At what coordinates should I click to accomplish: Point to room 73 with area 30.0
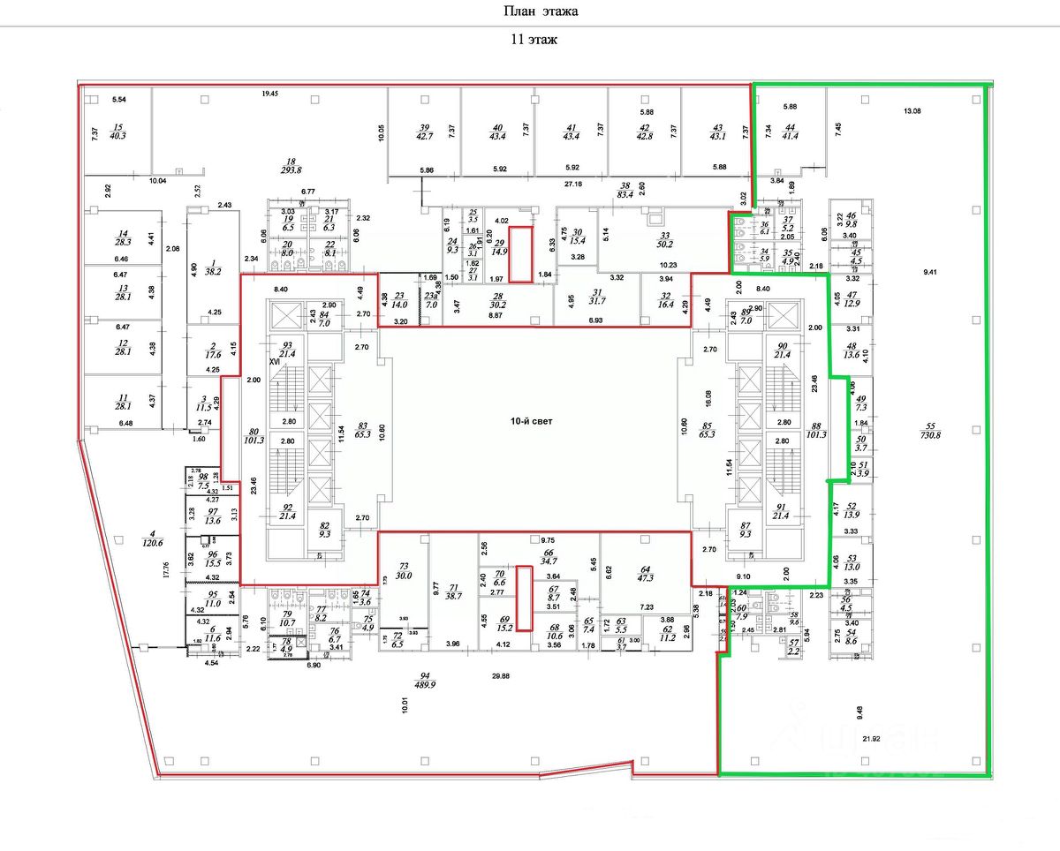click(x=405, y=570)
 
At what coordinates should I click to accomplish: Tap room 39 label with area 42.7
click(x=425, y=131)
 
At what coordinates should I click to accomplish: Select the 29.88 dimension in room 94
click(x=500, y=676)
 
